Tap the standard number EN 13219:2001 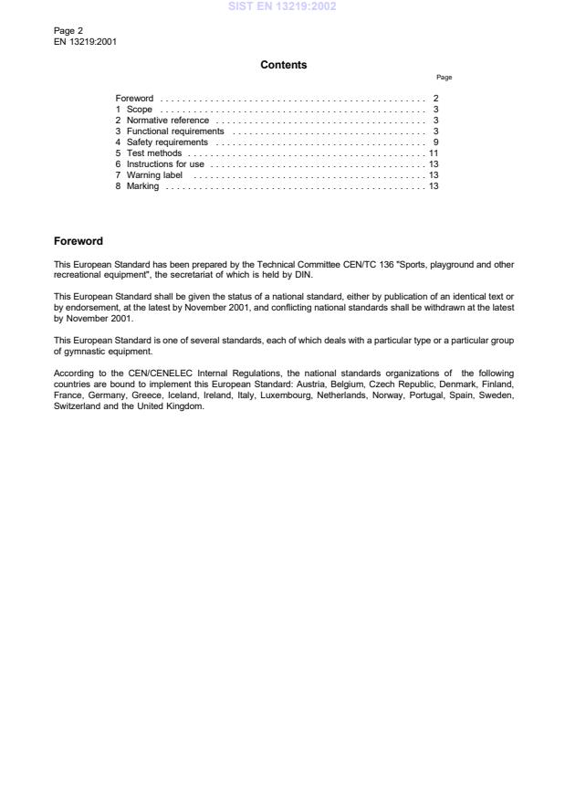[85, 41]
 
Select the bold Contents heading [284, 65]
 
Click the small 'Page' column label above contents [445, 79]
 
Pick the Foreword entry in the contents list [134, 98]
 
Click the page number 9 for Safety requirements [436, 142]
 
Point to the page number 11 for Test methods [434, 153]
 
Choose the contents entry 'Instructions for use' [161, 164]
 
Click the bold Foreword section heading [78, 241]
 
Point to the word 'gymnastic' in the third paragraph [84, 352]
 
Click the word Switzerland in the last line [77, 406]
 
